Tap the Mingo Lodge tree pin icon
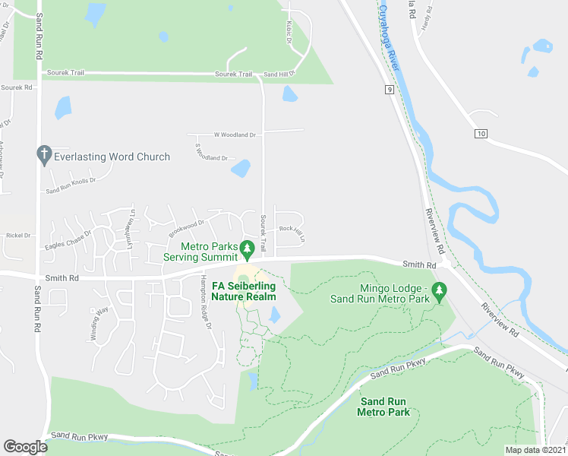click(x=438, y=290)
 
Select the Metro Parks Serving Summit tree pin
click(x=246, y=249)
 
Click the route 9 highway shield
click(x=389, y=89)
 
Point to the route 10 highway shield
click(x=481, y=134)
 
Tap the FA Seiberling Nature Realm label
click(x=244, y=290)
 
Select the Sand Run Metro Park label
click(x=385, y=407)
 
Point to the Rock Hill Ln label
click(x=292, y=229)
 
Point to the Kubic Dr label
click(x=289, y=36)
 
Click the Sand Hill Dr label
click(x=277, y=75)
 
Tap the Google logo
click(x=25, y=447)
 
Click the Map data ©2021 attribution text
click(x=535, y=450)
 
